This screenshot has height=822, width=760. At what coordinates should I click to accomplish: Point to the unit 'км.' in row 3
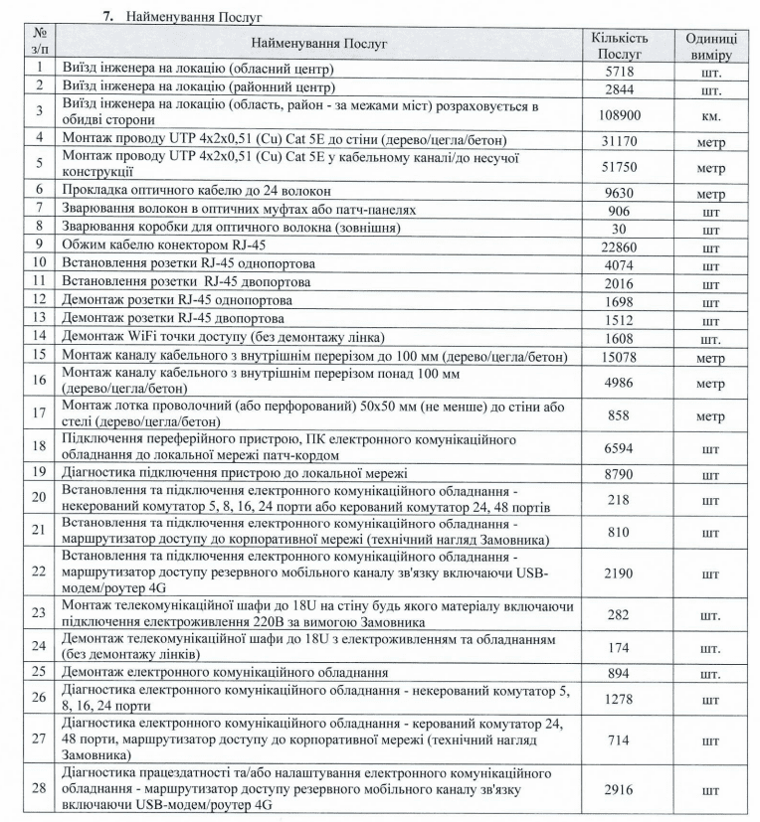[710, 114]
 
